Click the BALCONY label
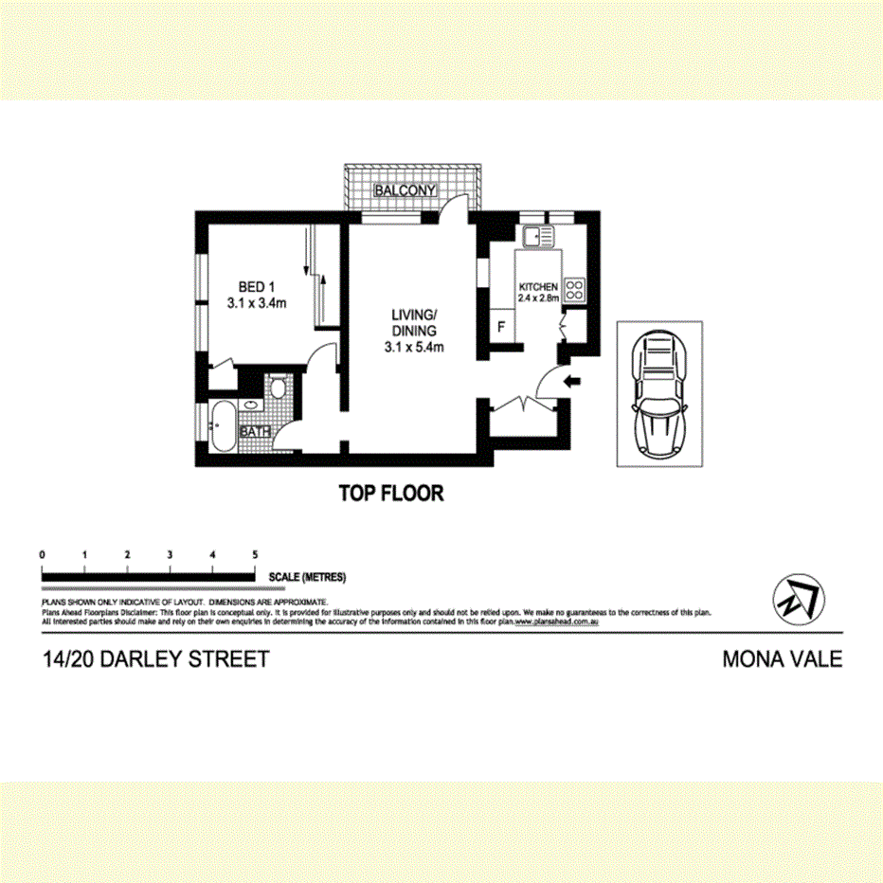(405, 191)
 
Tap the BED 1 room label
(256, 287)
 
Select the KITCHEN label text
(538, 286)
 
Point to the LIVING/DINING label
(415, 323)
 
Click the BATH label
(255, 431)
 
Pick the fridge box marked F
(501, 327)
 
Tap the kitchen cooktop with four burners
(575, 290)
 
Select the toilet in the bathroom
(278, 389)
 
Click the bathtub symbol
(224, 428)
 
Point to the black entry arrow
(571, 382)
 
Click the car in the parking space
(660, 391)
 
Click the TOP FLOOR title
(391, 494)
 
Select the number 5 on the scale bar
(255, 554)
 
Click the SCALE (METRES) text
(307, 576)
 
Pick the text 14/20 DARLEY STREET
(155, 659)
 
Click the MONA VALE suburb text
(782, 659)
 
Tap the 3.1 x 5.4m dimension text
(415, 348)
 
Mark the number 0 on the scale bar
(43, 554)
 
